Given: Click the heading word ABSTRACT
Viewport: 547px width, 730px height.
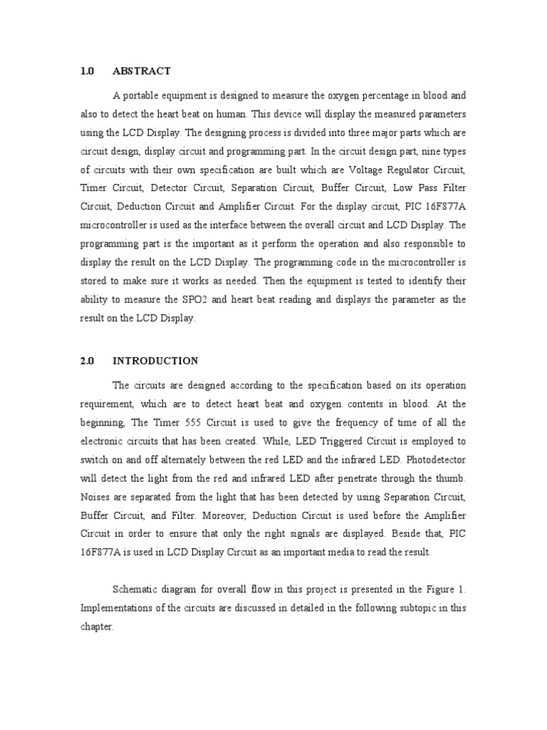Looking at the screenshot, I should pos(141,71).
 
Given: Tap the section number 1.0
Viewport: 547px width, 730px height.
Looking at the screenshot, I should pos(87,71).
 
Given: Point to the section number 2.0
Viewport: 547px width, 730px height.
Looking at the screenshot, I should pos(87,361).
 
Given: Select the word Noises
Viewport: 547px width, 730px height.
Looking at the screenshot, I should pos(95,497).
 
